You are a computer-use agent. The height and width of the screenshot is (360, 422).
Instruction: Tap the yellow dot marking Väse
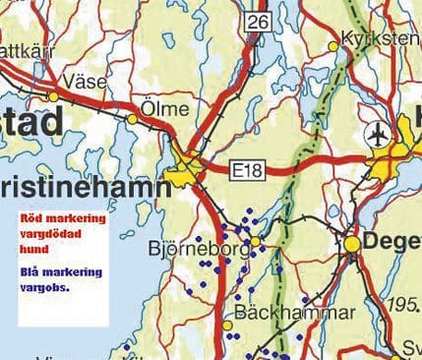[53, 95]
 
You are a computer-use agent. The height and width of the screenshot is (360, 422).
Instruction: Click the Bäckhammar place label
[281, 314]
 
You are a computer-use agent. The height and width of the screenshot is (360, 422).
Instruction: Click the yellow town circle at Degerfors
[352, 241]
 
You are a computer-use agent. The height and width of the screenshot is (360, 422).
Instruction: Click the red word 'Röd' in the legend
[31, 218]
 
